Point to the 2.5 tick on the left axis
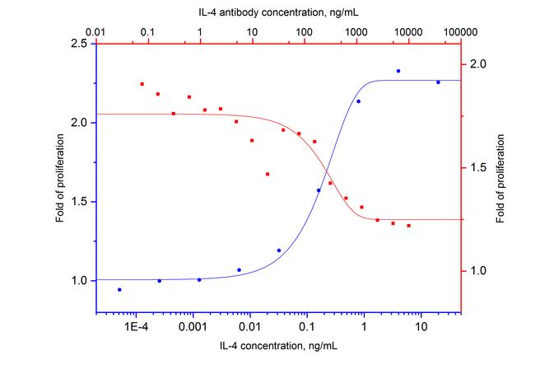[x=77, y=44]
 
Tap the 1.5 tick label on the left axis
[x=77, y=202]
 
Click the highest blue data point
[x=398, y=71]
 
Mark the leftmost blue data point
[x=119, y=290]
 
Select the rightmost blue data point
[x=438, y=82]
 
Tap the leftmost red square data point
[x=142, y=84]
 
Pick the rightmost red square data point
[x=408, y=225]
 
